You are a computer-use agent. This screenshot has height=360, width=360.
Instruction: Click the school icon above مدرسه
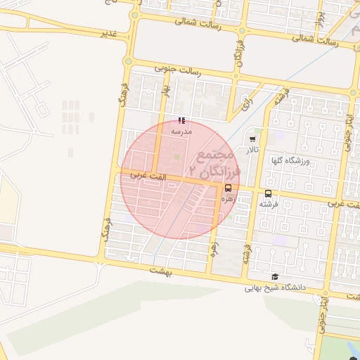click(x=182, y=121)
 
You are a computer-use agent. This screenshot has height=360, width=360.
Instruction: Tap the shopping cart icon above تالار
click(x=252, y=139)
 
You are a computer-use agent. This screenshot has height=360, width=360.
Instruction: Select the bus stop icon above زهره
click(x=229, y=188)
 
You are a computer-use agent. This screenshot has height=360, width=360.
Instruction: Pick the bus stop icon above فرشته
click(x=268, y=193)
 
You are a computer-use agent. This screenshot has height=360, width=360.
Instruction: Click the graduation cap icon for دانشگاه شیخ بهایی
click(x=274, y=276)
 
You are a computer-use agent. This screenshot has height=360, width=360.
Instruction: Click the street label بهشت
click(x=160, y=269)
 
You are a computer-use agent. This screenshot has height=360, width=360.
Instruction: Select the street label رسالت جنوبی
click(x=184, y=70)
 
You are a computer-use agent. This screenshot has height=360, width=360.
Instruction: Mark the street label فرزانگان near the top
click(x=239, y=54)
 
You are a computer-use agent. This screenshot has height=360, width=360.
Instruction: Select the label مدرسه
click(x=181, y=131)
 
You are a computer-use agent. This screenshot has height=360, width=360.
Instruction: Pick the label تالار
click(x=252, y=150)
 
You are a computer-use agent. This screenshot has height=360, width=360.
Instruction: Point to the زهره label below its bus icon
click(x=229, y=199)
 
